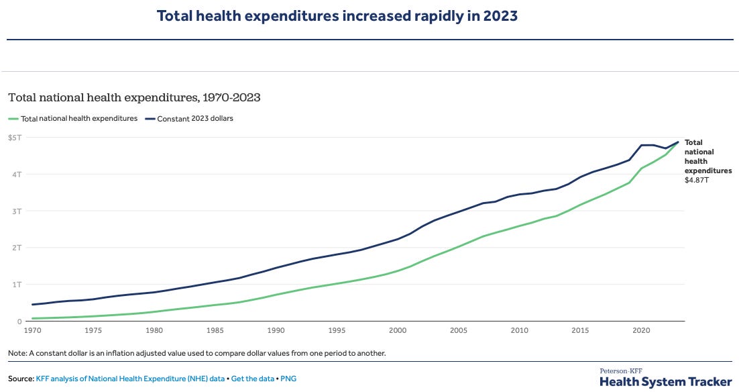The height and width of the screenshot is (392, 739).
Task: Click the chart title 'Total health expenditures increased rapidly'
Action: coord(337,15)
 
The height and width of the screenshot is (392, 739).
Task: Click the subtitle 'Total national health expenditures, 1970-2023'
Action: coord(134,97)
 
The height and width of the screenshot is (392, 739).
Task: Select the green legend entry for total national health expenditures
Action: coord(73,119)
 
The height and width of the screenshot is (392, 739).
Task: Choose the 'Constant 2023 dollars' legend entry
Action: coord(189,119)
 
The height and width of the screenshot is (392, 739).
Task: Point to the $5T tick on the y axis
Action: coord(15,138)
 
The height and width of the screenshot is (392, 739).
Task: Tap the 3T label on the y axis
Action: coord(17,211)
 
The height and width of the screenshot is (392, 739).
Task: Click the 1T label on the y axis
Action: coord(17,285)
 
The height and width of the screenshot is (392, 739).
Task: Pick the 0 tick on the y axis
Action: coord(20,322)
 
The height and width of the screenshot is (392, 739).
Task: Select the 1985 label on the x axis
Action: coord(215,330)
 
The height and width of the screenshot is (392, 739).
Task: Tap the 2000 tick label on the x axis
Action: coord(398,330)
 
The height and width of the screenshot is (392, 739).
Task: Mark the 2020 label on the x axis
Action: coord(642,330)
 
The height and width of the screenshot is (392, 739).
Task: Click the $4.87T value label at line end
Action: coord(696,180)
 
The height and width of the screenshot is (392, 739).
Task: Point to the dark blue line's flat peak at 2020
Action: coord(647,145)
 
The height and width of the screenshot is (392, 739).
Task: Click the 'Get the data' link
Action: coord(252,379)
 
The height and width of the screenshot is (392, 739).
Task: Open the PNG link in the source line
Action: coord(288,379)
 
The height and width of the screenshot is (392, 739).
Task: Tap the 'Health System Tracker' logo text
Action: coord(665,381)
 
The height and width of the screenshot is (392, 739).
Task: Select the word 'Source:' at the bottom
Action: coord(21,379)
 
